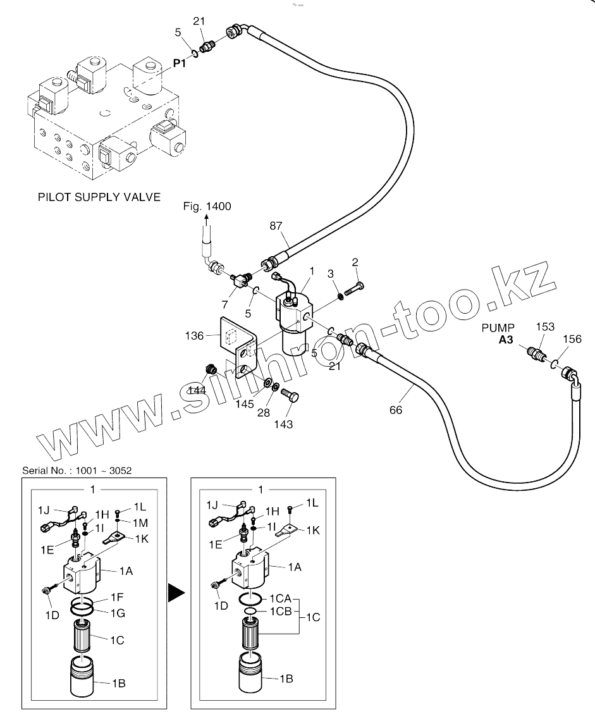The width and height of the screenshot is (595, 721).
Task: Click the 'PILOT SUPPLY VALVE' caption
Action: [x=99, y=197]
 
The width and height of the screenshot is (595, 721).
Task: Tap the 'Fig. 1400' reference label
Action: [x=207, y=206]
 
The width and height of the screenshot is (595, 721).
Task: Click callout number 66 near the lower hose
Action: [x=396, y=410]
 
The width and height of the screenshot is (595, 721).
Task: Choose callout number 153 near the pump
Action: [x=545, y=327]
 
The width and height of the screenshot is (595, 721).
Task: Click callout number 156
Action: [x=573, y=339]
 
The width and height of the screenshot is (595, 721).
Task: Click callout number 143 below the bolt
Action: [x=284, y=424]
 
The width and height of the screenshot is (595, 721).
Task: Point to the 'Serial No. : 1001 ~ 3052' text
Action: [x=78, y=471]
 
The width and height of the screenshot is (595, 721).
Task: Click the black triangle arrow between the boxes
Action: [x=176, y=593]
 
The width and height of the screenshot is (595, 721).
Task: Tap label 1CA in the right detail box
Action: [x=280, y=598]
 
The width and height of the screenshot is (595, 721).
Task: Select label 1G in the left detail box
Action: [x=118, y=613]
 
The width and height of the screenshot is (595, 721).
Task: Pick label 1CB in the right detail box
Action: [x=280, y=612]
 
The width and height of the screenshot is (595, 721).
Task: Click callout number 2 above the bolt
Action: [x=355, y=262]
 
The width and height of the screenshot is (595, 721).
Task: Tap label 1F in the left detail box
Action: [x=117, y=597]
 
